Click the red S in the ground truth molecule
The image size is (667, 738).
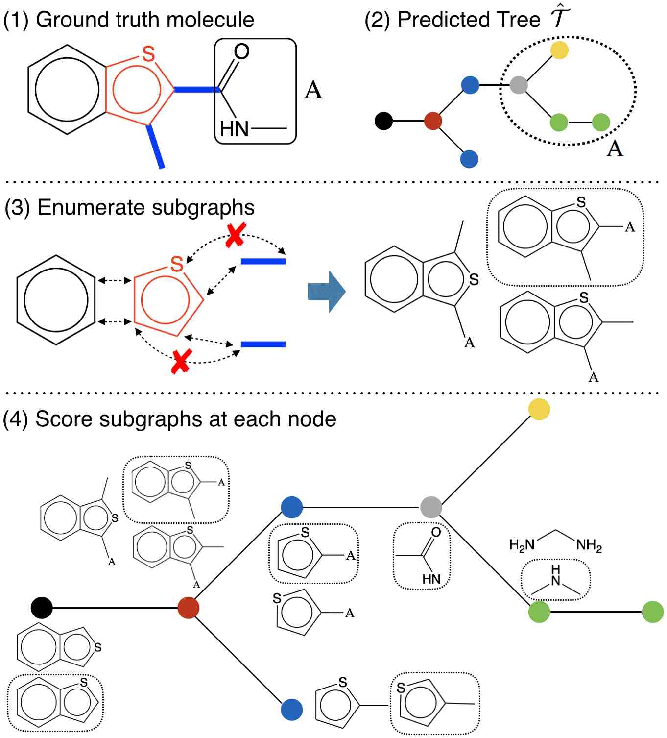pyautogui.click(x=148, y=53)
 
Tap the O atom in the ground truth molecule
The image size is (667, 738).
pyautogui.click(x=241, y=51)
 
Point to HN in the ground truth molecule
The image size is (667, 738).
pyautogui.click(x=234, y=129)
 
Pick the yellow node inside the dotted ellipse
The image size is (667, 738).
pyautogui.click(x=559, y=50)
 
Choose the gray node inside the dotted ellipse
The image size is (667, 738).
pyautogui.click(x=519, y=85)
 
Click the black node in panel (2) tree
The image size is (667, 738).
pyautogui.click(x=383, y=121)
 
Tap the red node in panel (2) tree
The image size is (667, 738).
pyautogui.click(x=433, y=121)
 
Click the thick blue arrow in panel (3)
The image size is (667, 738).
pyautogui.click(x=327, y=292)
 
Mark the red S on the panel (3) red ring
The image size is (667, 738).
pyautogui.click(x=177, y=264)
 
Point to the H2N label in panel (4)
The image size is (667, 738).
pyautogui.click(x=521, y=545)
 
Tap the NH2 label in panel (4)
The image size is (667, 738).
pyautogui.click(x=589, y=545)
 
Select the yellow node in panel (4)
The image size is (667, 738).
pyautogui.click(x=539, y=410)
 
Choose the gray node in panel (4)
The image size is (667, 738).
pyautogui.click(x=431, y=507)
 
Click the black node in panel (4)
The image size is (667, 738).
pyautogui.click(x=42, y=608)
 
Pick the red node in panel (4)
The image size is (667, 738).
pyautogui.click(x=189, y=608)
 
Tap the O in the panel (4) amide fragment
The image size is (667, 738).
pyautogui.click(x=436, y=532)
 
